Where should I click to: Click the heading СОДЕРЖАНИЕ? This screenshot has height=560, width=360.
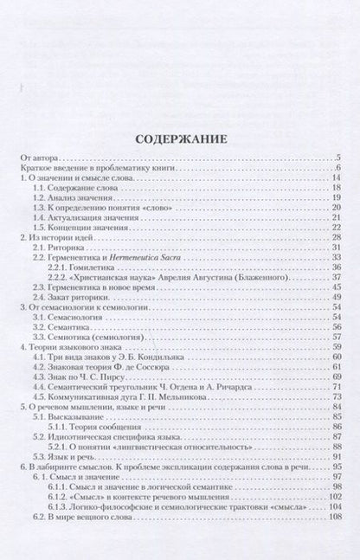(180, 138)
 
